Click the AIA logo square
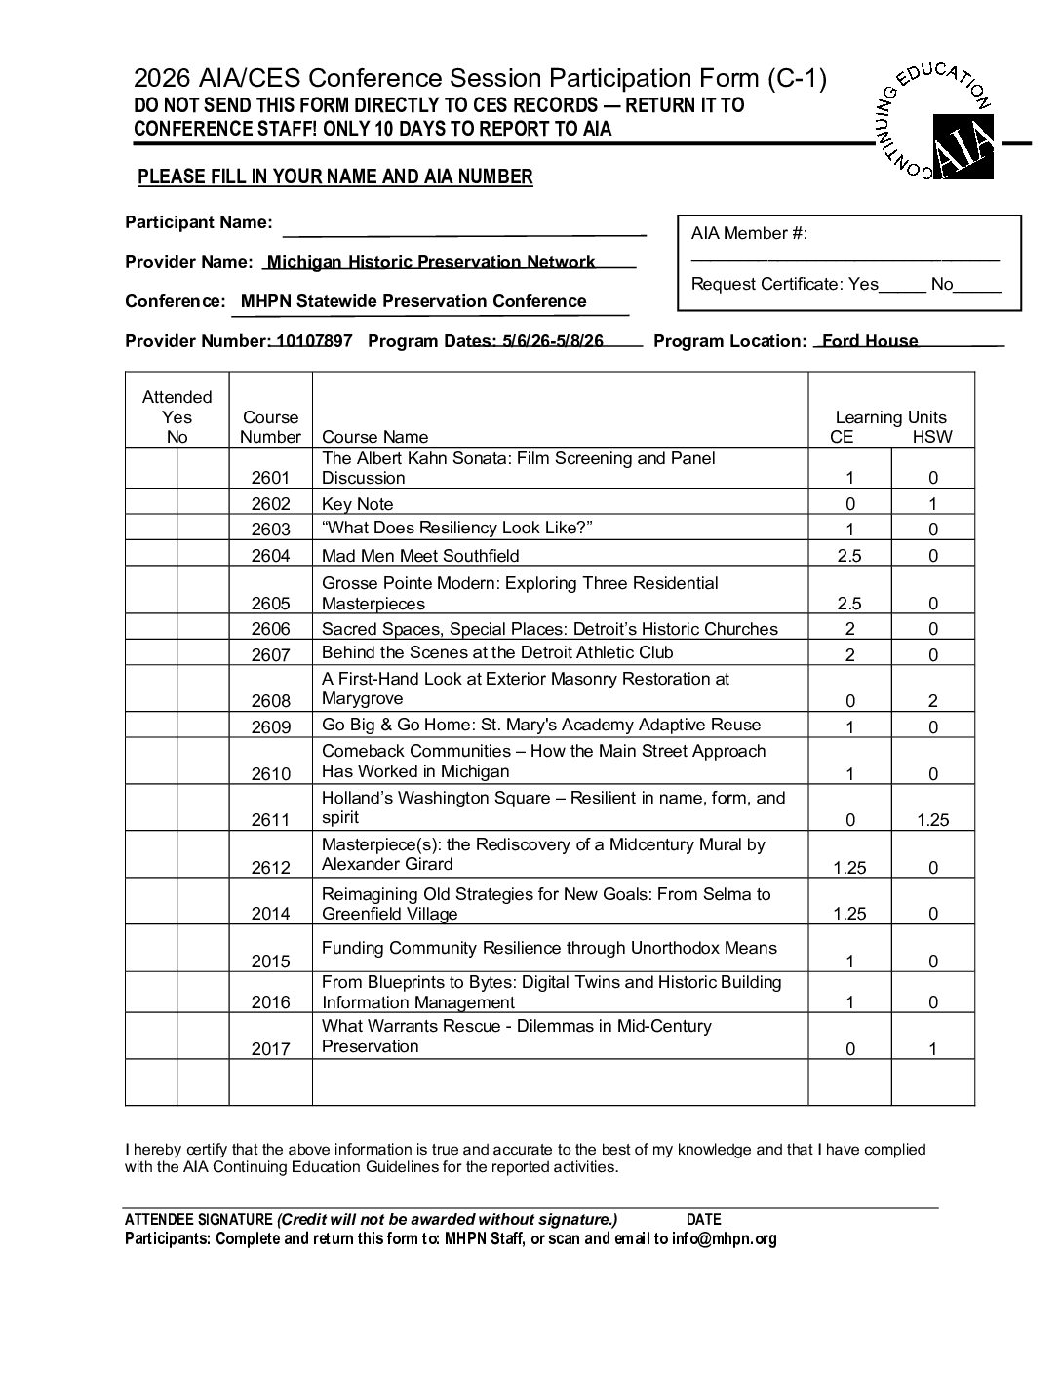click(963, 147)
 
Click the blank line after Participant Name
click(464, 232)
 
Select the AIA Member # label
click(749, 233)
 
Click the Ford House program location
click(869, 341)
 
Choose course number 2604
click(270, 556)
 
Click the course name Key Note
click(358, 504)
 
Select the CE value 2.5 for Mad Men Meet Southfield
click(849, 556)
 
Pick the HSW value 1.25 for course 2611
click(932, 820)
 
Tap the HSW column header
click(932, 437)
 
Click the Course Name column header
click(374, 437)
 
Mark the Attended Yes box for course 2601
click(151, 469)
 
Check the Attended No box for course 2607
click(203, 652)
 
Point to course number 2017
click(270, 1049)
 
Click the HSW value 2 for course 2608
click(932, 701)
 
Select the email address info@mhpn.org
click(725, 1239)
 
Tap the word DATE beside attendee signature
click(704, 1219)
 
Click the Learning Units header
click(890, 417)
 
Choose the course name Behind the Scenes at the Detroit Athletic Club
click(497, 652)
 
